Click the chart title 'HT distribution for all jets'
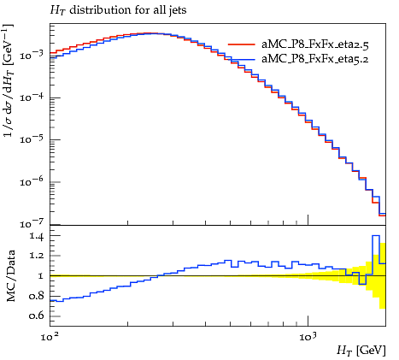118,10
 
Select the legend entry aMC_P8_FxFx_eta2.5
315,44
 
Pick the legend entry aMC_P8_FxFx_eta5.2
315,59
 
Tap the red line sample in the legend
242,44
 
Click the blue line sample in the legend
242,59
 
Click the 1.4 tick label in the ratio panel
37,237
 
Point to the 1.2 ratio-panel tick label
37,256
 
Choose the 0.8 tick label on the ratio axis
37,296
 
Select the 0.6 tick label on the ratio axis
37,316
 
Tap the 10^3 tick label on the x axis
308,336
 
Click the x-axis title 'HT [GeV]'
361,351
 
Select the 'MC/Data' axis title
11,275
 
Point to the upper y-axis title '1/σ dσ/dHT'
9,81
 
